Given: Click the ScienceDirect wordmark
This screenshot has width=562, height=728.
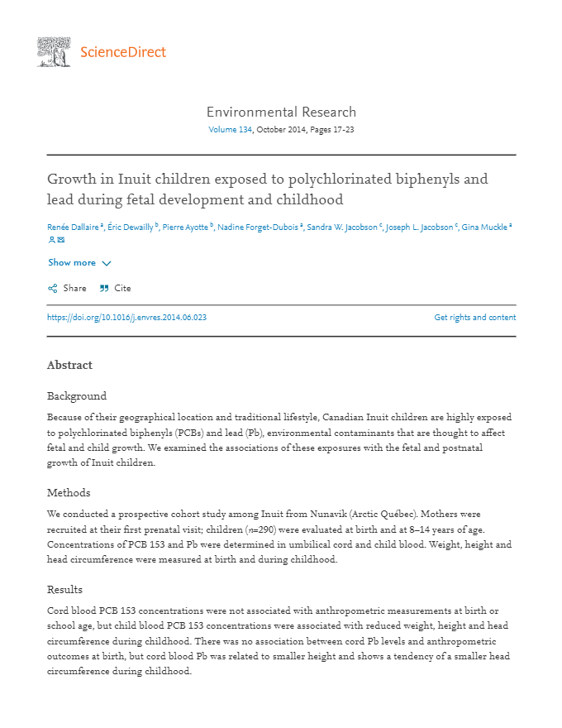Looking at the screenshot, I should tap(123, 52).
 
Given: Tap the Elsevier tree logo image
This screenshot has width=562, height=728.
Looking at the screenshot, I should tap(55, 51).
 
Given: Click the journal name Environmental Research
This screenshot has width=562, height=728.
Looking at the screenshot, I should tap(281, 112).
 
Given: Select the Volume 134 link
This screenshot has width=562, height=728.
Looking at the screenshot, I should tap(230, 130).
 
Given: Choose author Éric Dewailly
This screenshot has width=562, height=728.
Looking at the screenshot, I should tap(131, 227).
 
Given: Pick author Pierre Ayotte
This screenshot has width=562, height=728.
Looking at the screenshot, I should tap(186, 227).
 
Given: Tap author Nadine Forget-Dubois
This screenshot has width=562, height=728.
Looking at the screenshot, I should tap(258, 227).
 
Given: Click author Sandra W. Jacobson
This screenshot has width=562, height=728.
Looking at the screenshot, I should tap(342, 227).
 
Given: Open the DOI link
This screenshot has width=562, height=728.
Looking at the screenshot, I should tap(126, 317).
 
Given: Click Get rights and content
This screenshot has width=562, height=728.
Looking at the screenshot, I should tap(474, 317).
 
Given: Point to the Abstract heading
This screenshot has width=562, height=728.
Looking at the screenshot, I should tap(69, 365).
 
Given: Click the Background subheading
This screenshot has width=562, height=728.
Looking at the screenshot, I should tap(77, 395).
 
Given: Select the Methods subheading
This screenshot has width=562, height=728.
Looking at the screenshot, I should tap(69, 492).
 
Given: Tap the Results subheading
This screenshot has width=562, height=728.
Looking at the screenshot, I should tap(64, 589).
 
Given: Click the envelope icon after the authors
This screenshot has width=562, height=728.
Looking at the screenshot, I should tap(60, 240).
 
